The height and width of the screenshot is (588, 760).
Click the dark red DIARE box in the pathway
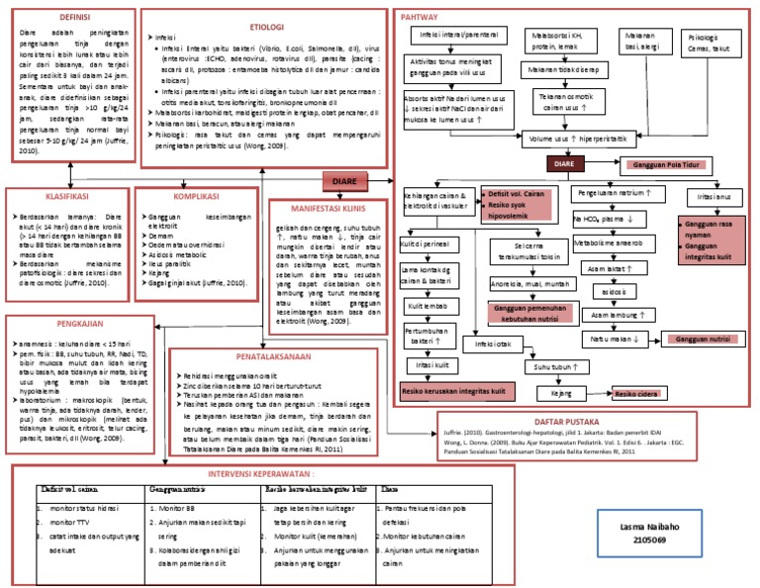[564, 162]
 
